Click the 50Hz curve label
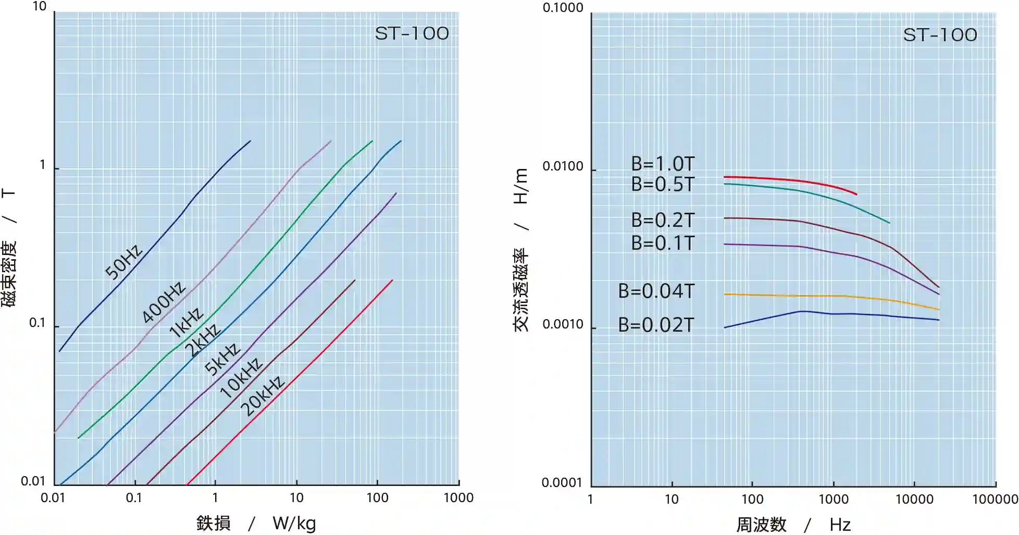click(123, 262)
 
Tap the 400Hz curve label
click(164, 302)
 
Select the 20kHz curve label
click(263, 396)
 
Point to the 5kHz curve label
click(222, 359)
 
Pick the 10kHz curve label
click(241, 378)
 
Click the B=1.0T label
click(663, 164)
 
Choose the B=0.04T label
click(656, 291)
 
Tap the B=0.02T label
click(656, 325)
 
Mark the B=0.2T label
click(663, 220)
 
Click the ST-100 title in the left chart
click(412, 34)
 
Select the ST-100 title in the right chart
click(940, 35)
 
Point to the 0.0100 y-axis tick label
click(563, 166)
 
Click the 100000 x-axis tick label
click(995, 499)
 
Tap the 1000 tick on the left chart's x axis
click(458, 498)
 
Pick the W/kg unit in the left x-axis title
click(294, 523)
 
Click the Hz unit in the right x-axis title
click(840, 525)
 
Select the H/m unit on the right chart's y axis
click(521, 186)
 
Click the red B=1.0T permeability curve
click(792, 180)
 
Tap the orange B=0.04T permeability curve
click(834, 296)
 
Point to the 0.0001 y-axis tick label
click(562, 483)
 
